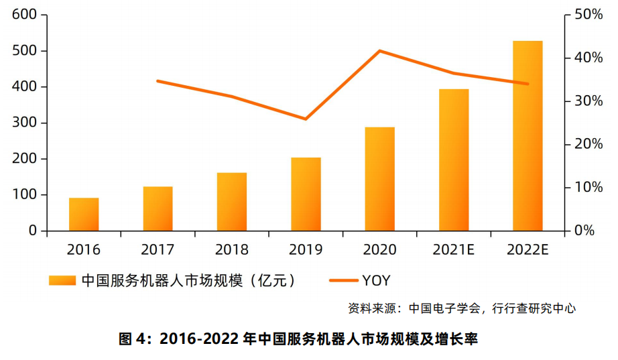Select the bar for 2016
click(x=84, y=215)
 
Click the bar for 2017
click(x=158, y=208)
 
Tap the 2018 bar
click(x=232, y=202)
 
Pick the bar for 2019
click(x=306, y=194)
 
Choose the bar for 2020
click(x=379, y=179)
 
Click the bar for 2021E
click(x=454, y=160)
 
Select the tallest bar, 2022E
click(x=528, y=136)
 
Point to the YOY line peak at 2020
click(x=379, y=51)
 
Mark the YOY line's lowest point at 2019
click(x=306, y=119)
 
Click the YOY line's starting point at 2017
click(x=158, y=81)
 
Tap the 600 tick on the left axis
click(x=25, y=15)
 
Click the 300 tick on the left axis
click(x=25, y=123)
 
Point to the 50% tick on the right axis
click(x=584, y=15)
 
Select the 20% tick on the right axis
click(x=584, y=144)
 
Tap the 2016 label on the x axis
click(x=84, y=250)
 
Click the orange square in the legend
click(x=62, y=280)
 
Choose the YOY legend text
click(x=376, y=280)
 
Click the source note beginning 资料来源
click(x=462, y=308)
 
